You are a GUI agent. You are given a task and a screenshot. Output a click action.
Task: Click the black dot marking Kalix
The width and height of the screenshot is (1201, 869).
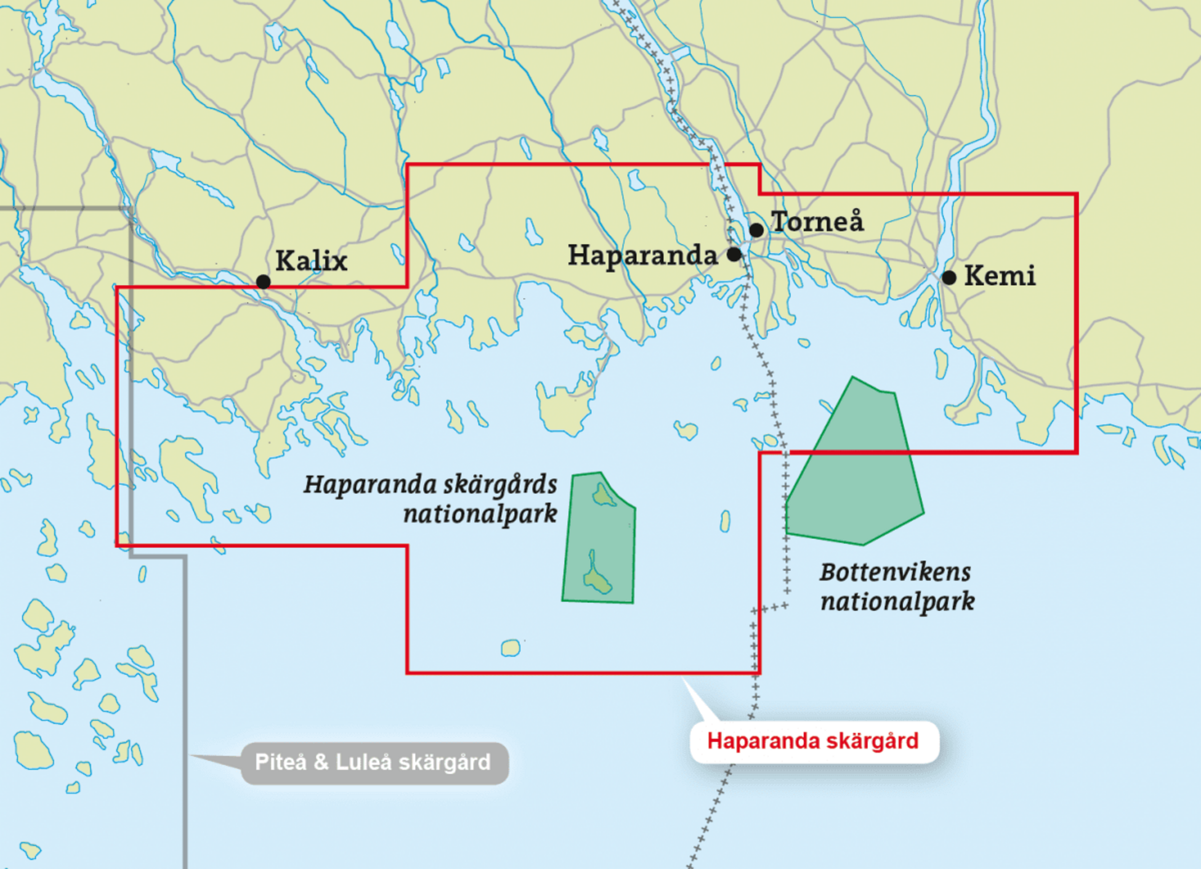(x=263, y=282)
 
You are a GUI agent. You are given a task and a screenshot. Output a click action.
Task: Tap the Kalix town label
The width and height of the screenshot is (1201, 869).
(x=311, y=261)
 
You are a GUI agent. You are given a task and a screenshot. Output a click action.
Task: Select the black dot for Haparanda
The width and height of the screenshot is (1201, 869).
(x=734, y=254)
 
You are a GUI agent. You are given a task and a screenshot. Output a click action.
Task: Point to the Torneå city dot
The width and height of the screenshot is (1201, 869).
(x=756, y=230)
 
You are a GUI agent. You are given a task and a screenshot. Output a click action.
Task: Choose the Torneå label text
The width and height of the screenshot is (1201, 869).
(x=817, y=222)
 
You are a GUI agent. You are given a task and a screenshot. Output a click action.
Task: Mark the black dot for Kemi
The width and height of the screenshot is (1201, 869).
(x=949, y=278)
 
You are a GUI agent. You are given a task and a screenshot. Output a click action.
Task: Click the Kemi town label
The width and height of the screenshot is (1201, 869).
(x=1000, y=276)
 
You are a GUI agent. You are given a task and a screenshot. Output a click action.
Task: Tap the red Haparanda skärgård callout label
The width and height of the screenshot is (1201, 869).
(x=813, y=741)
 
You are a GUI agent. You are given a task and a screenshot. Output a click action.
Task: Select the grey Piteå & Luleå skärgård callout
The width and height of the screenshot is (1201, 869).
(x=373, y=762)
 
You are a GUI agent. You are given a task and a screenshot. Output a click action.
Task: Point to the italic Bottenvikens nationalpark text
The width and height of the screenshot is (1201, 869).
(x=897, y=587)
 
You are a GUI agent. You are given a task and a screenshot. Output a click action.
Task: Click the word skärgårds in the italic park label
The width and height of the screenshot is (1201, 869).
(x=500, y=485)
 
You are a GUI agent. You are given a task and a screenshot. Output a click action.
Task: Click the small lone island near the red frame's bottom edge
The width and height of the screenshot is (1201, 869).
(x=511, y=648)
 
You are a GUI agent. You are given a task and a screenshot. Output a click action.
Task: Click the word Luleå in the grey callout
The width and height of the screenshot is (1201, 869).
(x=363, y=762)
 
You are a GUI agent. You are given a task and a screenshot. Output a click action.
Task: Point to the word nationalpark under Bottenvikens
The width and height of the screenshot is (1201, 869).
(x=897, y=602)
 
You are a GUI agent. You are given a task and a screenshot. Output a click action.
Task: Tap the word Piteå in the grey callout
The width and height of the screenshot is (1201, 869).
(x=281, y=762)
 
